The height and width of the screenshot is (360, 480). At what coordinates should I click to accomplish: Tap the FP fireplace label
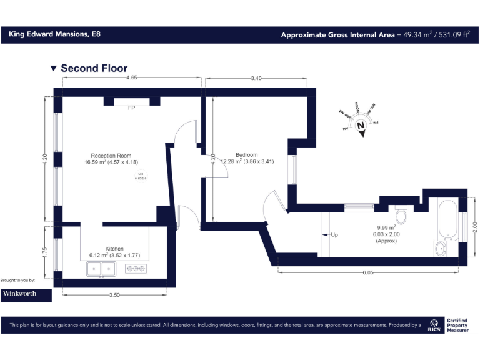click(131, 108)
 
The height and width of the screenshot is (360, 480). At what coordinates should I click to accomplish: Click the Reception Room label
click(111, 156)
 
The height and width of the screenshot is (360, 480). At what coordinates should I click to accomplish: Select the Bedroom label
click(247, 155)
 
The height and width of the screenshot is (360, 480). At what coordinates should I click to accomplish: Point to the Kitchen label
click(114, 249)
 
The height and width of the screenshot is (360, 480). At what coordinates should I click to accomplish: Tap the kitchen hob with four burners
click(136, 269)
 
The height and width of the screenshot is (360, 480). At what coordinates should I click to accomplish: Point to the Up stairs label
click(334, 235)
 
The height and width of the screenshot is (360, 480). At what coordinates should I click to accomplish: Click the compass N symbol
click(361, 124)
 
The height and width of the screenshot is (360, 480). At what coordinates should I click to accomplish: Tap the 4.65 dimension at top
click(131, 78)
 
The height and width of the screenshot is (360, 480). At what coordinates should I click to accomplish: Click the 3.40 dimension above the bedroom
click(256, 78)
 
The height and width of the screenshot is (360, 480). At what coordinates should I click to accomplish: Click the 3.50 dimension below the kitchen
click(114, 294)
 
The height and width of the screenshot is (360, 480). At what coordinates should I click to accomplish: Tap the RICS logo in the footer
click(434, 325)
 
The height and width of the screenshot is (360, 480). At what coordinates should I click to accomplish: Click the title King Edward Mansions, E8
click(54, 34)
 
